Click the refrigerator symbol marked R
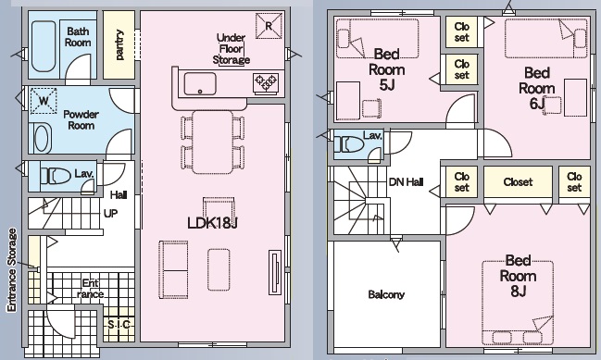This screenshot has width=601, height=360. click(x=269, y=26)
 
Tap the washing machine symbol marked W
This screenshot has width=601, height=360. click(x=44, y=101)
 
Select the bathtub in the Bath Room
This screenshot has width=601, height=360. click(x=44, y=46)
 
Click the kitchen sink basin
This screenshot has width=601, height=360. click(x=200, y=83)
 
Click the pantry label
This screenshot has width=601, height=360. click(x=119, y=44)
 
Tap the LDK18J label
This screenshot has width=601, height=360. click(x=212, y=222)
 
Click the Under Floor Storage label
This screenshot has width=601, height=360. click(x=232, y=49)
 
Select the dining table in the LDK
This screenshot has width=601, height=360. click(x=213, y=143)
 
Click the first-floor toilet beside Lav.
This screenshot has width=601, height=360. click(x=56, y=176)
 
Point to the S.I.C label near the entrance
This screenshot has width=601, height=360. click(x=119, y=325)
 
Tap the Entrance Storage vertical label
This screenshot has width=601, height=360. click(x=12, y=269)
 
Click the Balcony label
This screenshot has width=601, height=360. click(x=386, y=294)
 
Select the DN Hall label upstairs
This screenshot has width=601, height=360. click(x=406, y=182)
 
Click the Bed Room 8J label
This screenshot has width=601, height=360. click(x=518, y=276)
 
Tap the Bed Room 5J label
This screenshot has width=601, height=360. click(x=387, y=69)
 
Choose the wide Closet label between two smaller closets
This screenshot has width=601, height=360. click(x=518, y=182)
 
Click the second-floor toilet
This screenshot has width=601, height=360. click(x=349, y=145)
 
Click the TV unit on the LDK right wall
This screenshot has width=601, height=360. click(x=275, y=273)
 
